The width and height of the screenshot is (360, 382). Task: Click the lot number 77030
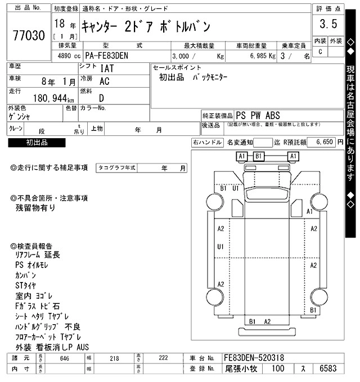click(x=28, y=37)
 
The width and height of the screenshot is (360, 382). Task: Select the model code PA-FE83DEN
click(x=110, y=56)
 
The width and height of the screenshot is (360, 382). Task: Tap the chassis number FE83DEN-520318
click(x=254, y=357)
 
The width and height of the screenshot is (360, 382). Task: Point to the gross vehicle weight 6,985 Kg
click(x=260, y=57)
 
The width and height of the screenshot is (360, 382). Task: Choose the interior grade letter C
click(x=321, y=52)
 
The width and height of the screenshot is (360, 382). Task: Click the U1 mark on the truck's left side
click(x=220, y=247)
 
